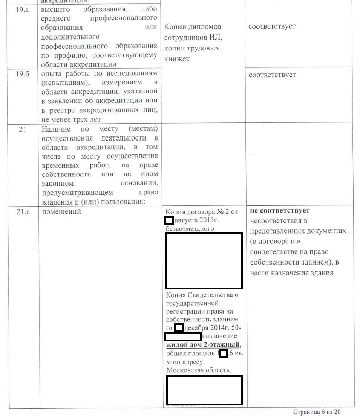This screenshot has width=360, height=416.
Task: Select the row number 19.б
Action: (20, 74)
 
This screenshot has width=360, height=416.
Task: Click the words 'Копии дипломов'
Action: (193, 27)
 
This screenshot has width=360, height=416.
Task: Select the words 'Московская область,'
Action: (198, 370)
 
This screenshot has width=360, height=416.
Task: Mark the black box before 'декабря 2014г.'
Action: (179, 327)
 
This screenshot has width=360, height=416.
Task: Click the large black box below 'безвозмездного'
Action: (204, 261)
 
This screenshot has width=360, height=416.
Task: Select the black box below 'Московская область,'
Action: (204, 390)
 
